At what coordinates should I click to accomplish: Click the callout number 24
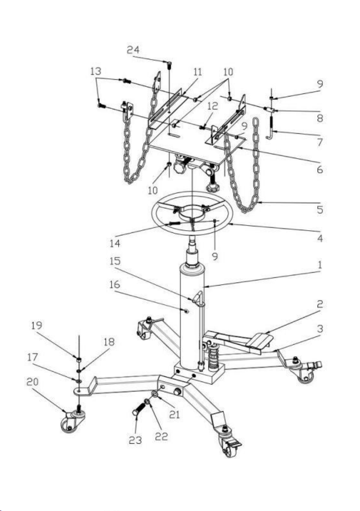(x=133, y=50)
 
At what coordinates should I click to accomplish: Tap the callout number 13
(x=96, y=71)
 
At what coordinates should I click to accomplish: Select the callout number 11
(x=198, y=71)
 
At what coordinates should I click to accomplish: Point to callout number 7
(x=320, y=142)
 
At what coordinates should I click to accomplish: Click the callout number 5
(x=320, y=209)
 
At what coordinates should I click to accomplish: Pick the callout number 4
(x=320, y=238)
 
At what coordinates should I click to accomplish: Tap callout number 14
(x=115, y=243)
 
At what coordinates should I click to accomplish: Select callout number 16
(x=115, y=285)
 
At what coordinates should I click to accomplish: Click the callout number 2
(x=320, y=304)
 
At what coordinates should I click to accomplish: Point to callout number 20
(x=32, y=382)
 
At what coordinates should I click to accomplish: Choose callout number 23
(x=135, y=440)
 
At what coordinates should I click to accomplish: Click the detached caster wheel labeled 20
(x=73, y=421)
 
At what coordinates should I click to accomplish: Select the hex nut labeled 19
(x=79, y=360)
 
